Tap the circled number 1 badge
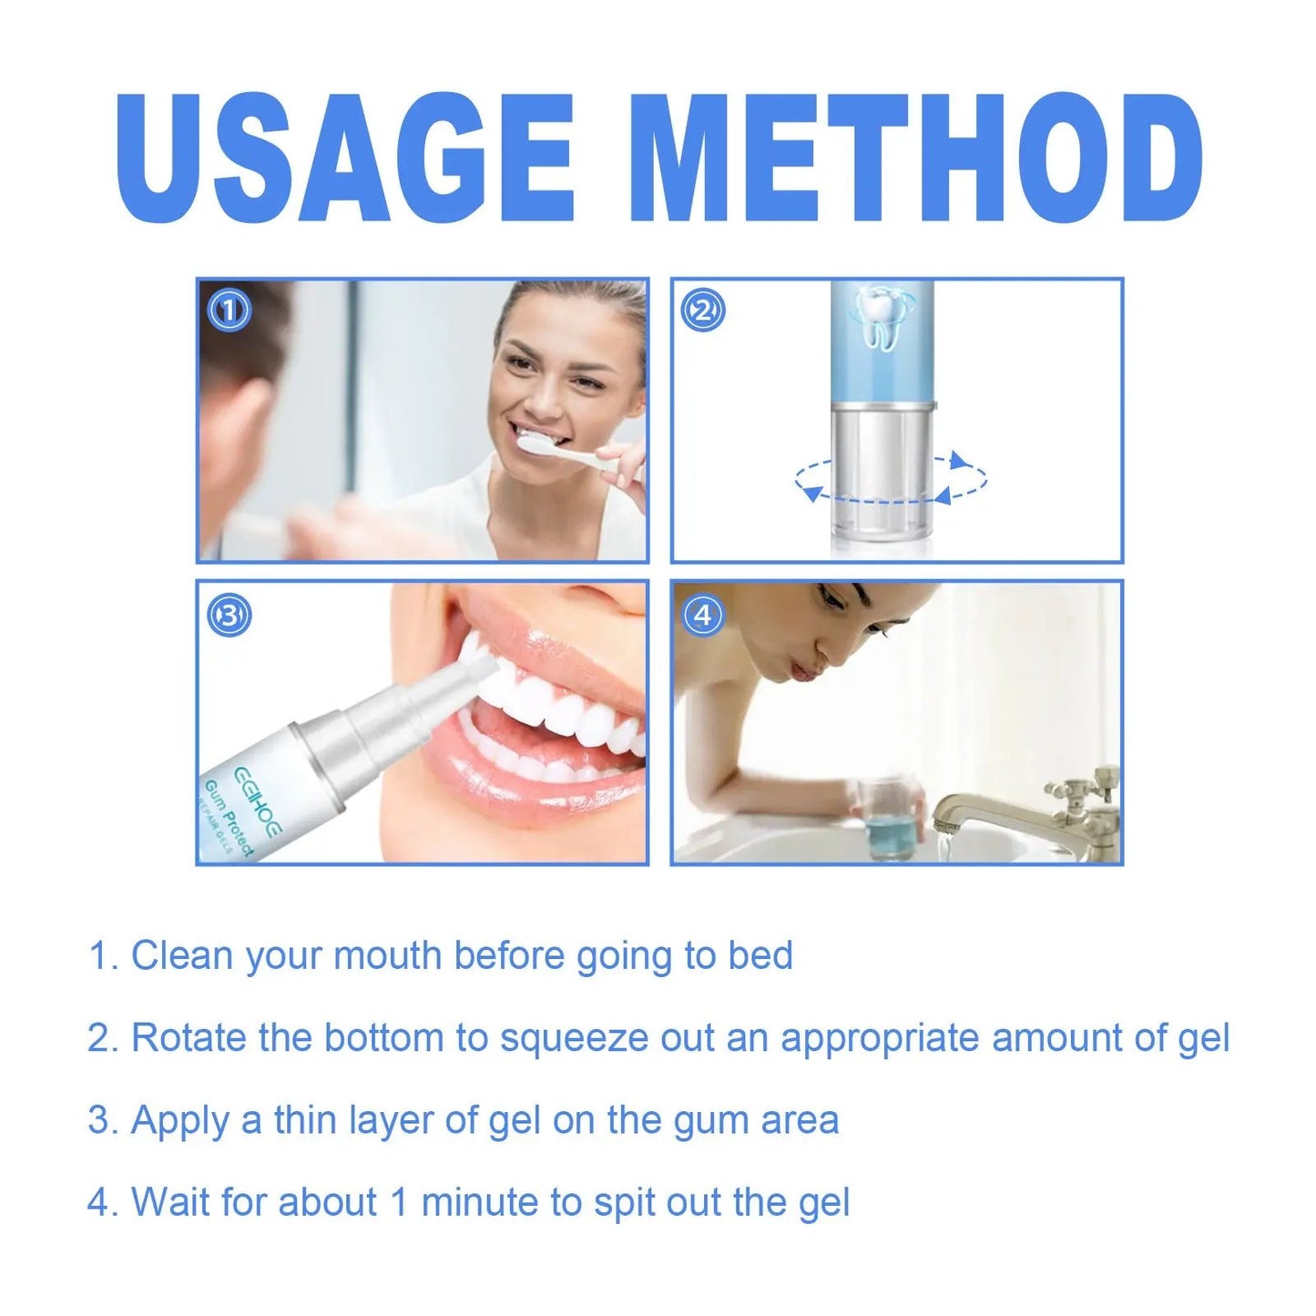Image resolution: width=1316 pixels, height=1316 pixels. (229, 311)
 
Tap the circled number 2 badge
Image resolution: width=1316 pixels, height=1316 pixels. (702, 311)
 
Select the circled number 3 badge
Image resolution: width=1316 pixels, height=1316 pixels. (229, 616)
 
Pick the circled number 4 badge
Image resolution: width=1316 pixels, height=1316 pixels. (702, 616)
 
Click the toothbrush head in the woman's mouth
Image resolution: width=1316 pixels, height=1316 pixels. (537, 444)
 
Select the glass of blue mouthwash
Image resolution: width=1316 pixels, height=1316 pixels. (880, 820)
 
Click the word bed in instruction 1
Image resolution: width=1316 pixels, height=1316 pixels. (760, 955)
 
